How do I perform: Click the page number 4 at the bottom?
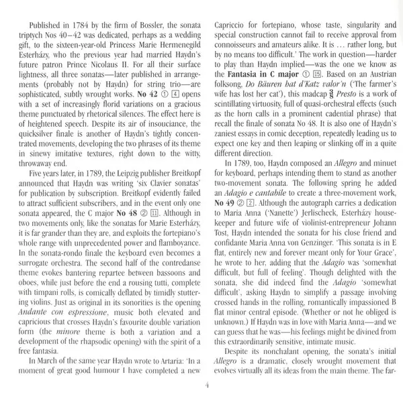coord(201,384)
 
